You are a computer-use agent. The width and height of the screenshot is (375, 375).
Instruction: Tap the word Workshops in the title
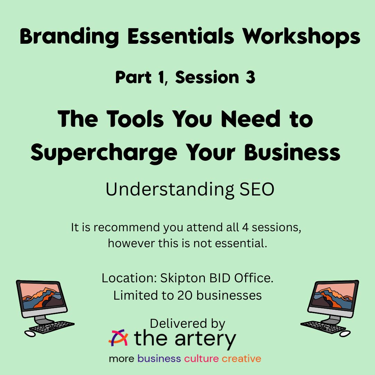301,36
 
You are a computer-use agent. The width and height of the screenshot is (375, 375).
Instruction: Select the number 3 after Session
250,77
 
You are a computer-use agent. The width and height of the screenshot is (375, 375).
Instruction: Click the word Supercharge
104,153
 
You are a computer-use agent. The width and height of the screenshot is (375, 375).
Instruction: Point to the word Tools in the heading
135,119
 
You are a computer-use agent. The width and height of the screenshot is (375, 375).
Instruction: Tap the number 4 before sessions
245,227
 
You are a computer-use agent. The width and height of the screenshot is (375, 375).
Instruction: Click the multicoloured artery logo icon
118,337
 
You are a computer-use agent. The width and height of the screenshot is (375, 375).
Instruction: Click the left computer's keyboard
52,327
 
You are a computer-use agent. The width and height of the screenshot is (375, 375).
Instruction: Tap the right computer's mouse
345,334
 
